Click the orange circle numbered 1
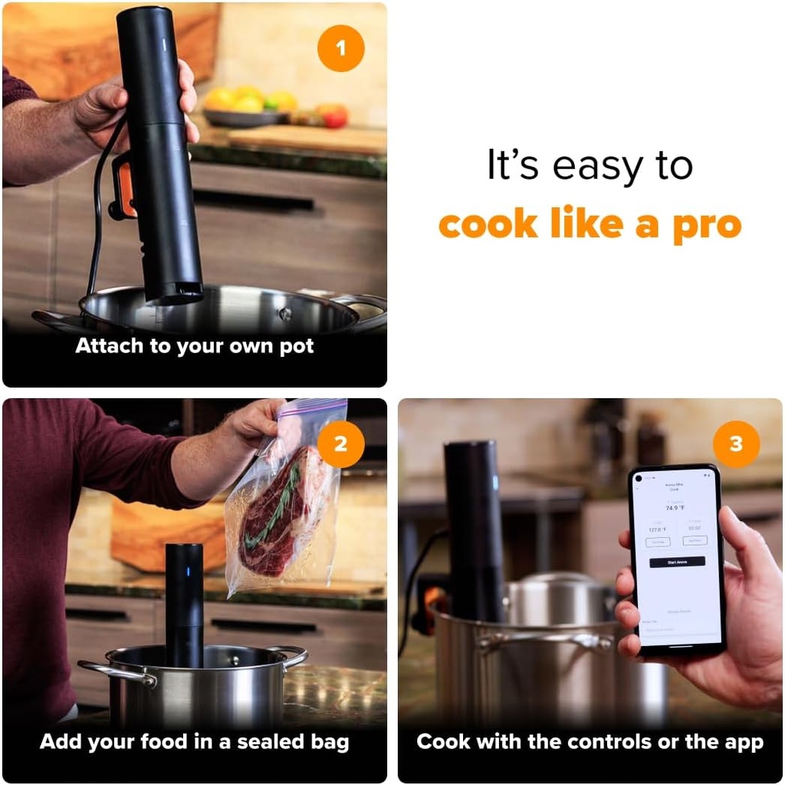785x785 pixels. (340, 48)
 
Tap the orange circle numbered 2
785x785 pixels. (340, 444)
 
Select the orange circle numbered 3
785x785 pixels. (736, 444)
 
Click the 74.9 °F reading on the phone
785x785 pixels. (675, 508)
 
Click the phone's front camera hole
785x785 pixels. (639, 479)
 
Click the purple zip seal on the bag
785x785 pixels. (307, 411)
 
